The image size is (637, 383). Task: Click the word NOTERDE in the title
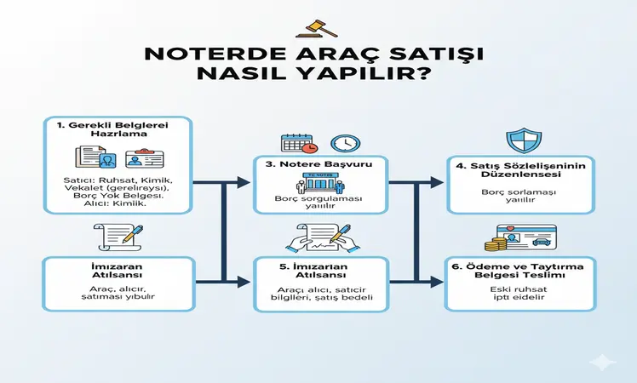pos(202,54)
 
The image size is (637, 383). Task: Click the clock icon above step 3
pos(344,143)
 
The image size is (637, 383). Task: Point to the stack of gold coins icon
pos(496,243)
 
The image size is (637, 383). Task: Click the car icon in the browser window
pos(539,241)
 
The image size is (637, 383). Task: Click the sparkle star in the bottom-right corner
pos(605,362)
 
